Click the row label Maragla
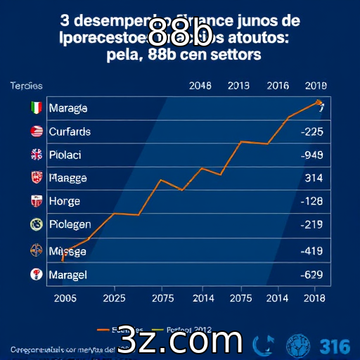click(68, 108)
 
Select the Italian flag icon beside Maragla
click(37, 108)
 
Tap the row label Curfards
click(70, 131)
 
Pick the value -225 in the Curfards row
click(311, 131)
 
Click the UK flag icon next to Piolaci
click(37, 155)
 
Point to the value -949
click(311, 155)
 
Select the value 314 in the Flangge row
click(313, 178)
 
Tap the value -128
click(311, 201)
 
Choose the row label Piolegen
click(70, 225)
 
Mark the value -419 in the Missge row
click(311, 250)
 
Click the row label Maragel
click(67, 275)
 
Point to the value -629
click(311, 275)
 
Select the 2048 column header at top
click(200, 86)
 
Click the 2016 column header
click(277, 86)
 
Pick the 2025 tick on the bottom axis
click(115, 297)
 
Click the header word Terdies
click(26, 86)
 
